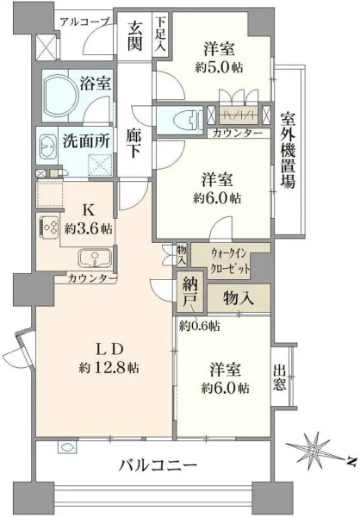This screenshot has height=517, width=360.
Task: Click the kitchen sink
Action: click(91, 258)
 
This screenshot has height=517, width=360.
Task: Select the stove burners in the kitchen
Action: click(47, 228)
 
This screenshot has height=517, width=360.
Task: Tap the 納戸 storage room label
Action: click(190, 294)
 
